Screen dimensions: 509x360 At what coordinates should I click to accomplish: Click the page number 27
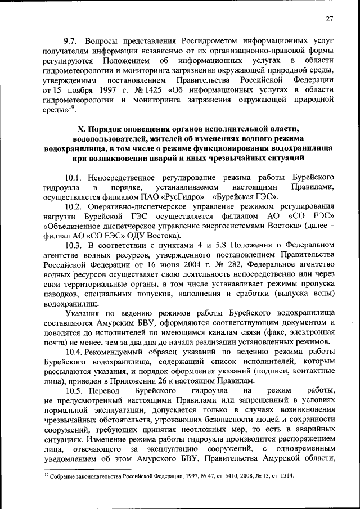pyautogui.click(x=330, y=19)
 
